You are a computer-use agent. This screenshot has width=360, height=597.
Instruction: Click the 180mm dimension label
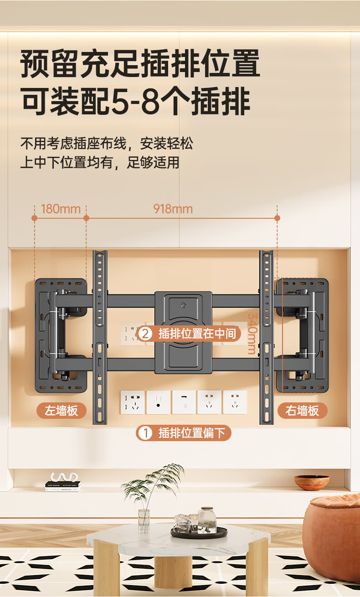click(61, 209)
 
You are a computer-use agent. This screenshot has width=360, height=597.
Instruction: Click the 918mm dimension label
click(173, 209)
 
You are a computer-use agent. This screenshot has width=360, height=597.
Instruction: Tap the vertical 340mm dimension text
click(251, 333)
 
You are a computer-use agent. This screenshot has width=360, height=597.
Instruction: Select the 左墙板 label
click(61, 411)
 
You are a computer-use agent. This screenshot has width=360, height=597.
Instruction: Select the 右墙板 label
click(302, 411)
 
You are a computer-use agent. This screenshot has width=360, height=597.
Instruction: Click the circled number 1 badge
click(145, 433)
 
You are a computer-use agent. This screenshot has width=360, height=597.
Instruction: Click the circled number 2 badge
click(144, 334)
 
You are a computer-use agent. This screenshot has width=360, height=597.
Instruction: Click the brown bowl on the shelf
click(312, 482)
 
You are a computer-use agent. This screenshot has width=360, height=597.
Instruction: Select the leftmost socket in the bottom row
click(132, 402)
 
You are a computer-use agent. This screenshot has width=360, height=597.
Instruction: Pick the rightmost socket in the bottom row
click(235, 402)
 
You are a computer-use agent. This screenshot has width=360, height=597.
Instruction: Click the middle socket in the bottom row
click(184, 402)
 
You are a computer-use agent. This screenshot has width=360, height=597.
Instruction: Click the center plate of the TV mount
click(183, 333)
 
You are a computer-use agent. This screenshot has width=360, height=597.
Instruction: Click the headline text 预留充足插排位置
click(140, 64)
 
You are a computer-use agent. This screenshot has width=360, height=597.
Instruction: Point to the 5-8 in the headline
click(135, 103)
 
